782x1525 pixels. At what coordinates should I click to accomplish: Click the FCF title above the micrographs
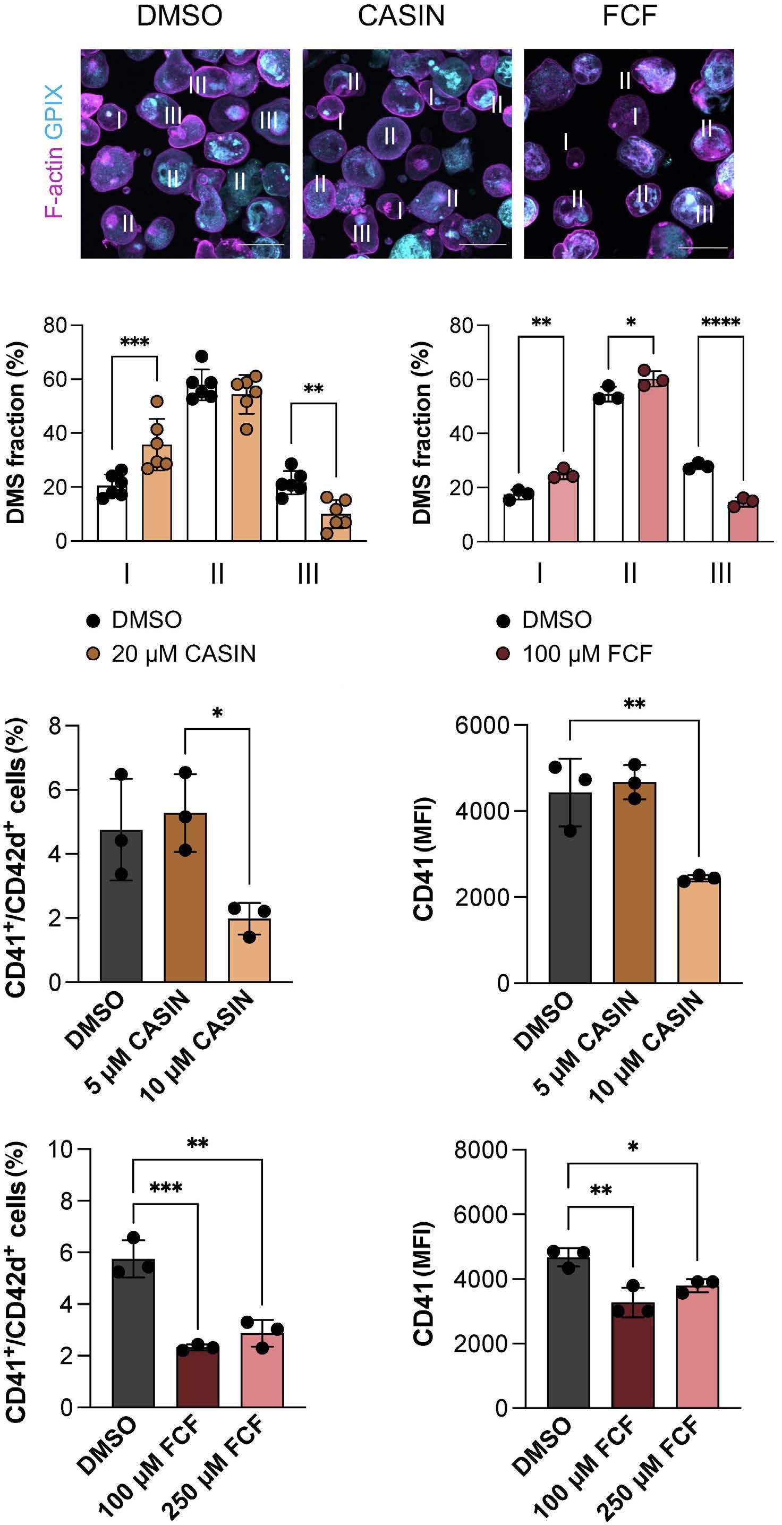[x=630, y=15]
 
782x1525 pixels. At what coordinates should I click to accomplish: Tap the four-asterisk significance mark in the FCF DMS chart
[x=720, y=322]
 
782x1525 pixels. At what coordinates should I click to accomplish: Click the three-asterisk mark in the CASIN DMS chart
[x=134, y=342]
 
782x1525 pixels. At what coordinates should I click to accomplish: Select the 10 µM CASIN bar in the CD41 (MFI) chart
[x=699, y=932]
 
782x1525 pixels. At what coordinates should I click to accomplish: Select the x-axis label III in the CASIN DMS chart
[x=308, y=574]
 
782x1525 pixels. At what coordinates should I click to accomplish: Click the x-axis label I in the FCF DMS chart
[x=539, y=574]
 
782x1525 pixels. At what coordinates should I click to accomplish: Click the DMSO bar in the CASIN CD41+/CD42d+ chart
[x=121, y=906]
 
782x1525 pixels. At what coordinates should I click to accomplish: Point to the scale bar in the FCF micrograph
[x=703, y=248]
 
